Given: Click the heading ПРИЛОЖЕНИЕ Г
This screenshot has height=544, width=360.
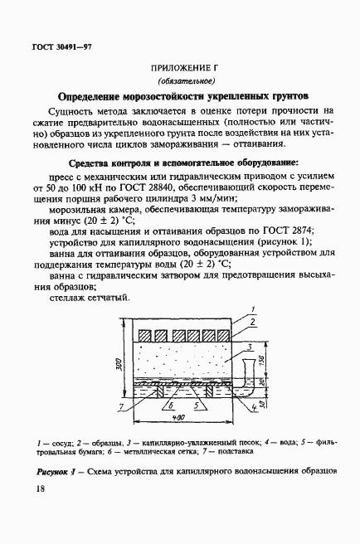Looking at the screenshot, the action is [x=179, y=66].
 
